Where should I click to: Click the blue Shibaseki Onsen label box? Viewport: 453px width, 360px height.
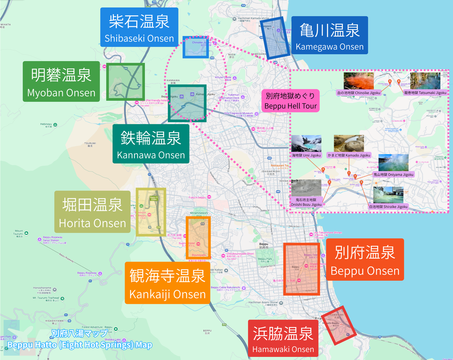[x=139, y=27]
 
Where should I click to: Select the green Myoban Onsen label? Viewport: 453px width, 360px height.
[x=61, y=81]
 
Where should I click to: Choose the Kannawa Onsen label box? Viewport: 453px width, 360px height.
[x=151, y=144]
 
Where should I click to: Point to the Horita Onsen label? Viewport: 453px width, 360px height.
[x=92, y=212]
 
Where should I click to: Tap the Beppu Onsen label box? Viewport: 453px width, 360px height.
[x=364, y=260]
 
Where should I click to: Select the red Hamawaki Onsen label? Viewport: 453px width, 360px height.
[x=283, y=338]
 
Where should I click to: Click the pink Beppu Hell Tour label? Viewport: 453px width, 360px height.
[x=290, y=100]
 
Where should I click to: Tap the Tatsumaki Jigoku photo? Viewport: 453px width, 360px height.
[x=425, y=80]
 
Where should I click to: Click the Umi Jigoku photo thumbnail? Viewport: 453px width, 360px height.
[x=306, y=144]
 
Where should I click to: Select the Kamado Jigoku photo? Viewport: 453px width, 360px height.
[x=349, y=144]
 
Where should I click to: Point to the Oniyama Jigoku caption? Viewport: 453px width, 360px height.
[x=393, y=175]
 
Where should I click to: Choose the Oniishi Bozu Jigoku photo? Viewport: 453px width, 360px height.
[x=306, y=188]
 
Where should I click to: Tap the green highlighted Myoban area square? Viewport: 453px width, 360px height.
[x=126, y=82]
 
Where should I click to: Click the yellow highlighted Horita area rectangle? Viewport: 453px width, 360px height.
[x=151, y=212]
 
